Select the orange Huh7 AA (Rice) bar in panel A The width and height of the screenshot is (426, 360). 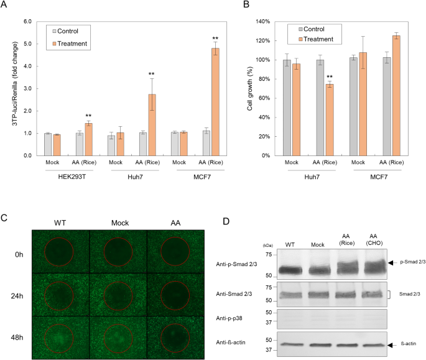tap(152, 124)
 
